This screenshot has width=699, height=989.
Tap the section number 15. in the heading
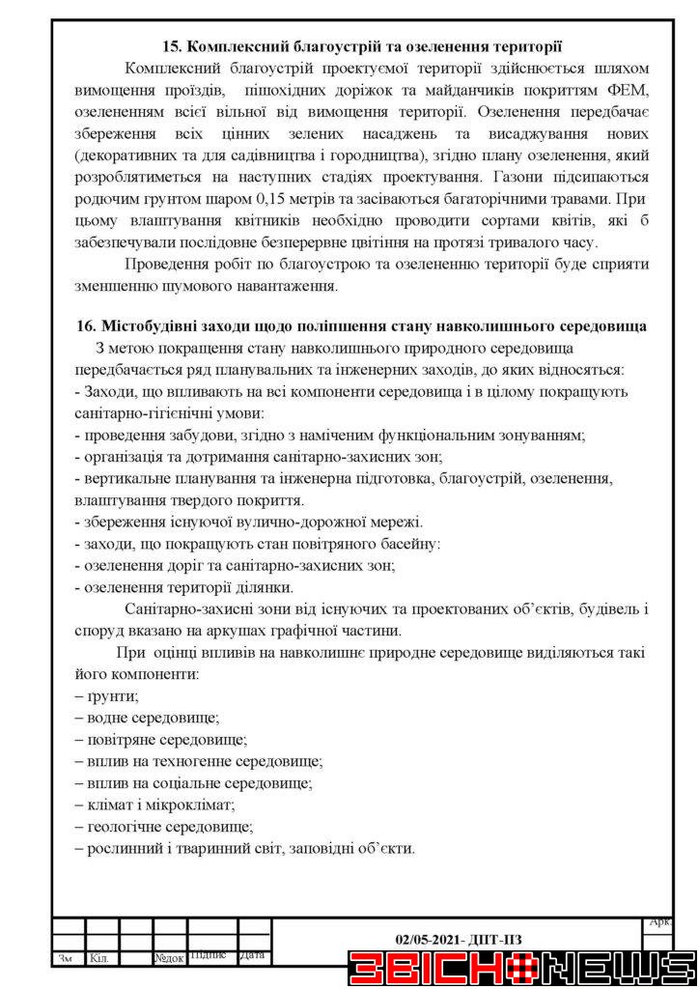pos(171,45)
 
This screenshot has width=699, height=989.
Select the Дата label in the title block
pos(252,956)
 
